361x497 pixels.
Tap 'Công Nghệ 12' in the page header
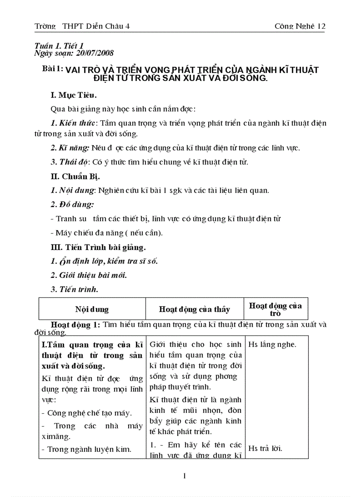point(300,26)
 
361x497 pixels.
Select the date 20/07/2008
point(95,53)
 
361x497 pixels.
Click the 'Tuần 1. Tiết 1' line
point(59,46)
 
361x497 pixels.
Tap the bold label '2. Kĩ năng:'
point(70,147)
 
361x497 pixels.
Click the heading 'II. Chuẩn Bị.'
point(75,176)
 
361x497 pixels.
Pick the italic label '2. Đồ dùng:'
point(72,204)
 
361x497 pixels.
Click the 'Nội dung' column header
point(92,309)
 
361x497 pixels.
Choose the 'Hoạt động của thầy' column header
point(194,309)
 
